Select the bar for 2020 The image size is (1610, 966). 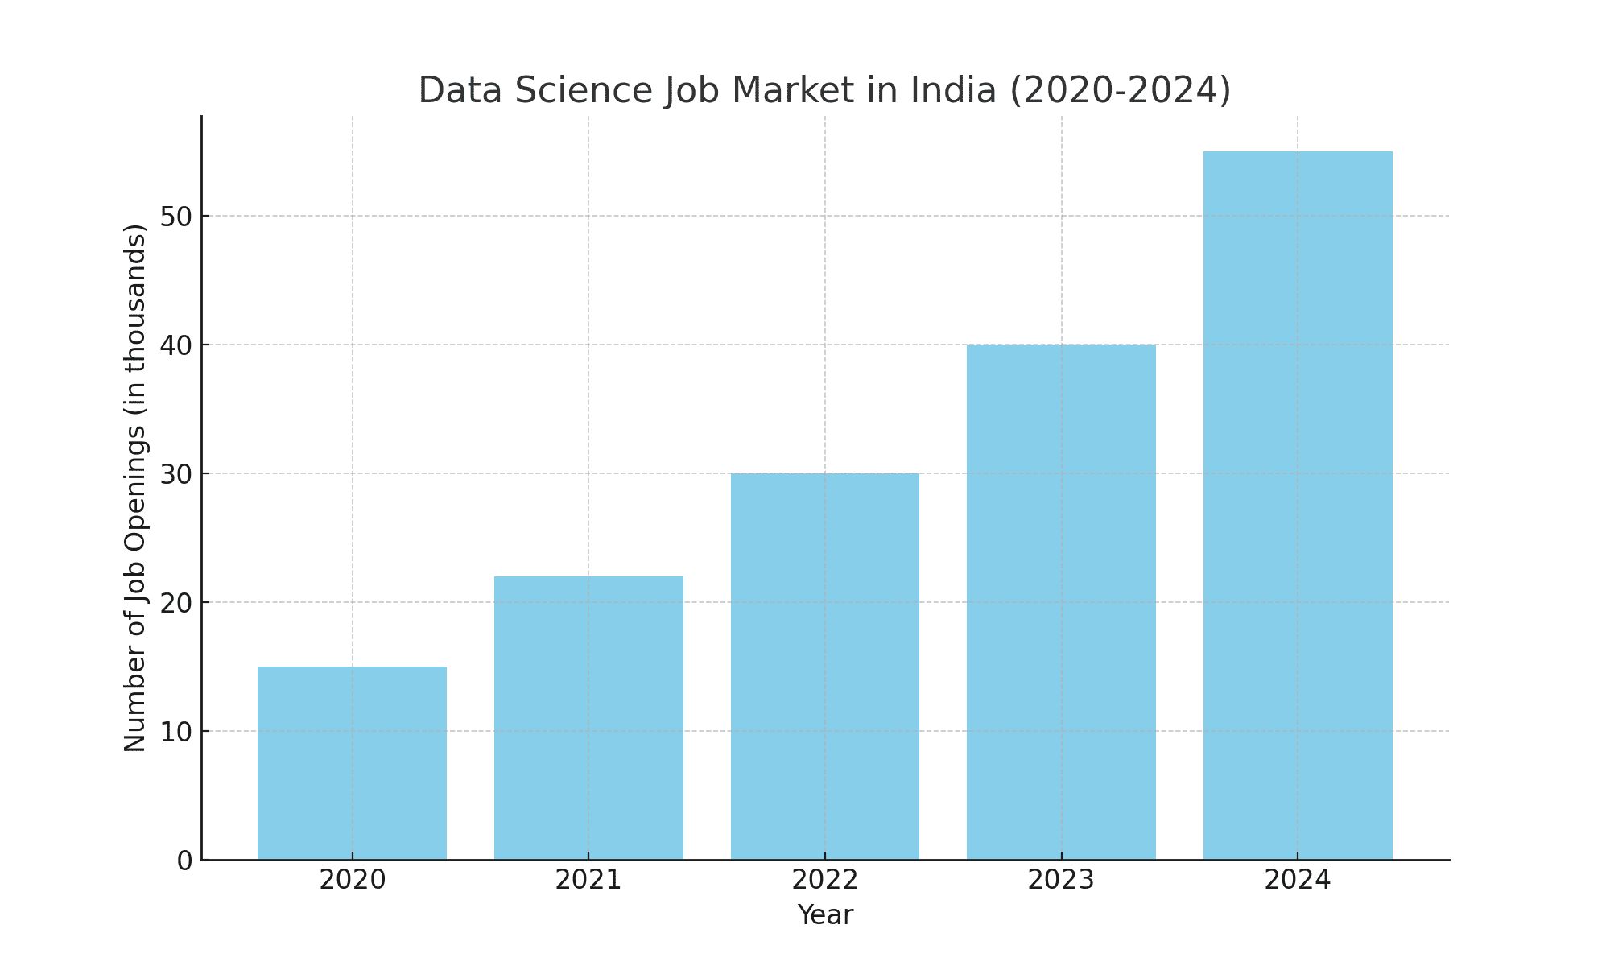tap(352, 763)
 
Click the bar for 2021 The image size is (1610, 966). tap(588, 718)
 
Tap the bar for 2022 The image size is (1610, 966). tap(825, 667)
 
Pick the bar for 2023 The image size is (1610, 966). tap(1061, 602)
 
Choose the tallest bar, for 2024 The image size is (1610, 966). tap(1298, 506)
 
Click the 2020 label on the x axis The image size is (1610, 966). tap(352, 880)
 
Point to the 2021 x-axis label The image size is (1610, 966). tap(588, 880)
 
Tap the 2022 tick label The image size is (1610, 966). tap(825, 880)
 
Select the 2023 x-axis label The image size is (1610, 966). tap(1061, 880)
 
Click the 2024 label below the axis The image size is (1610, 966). tap(1298, 880)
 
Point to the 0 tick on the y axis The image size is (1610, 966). tap(185, 861)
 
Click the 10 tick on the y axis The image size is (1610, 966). tap(176, 732)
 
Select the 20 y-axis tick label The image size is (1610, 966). tap(176, 603)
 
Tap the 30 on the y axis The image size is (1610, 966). tap(176, 474)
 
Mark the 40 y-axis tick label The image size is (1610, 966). tap(176, 345)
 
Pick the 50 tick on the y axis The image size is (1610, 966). tap(176, 217)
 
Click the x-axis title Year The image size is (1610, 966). tap(825, 915)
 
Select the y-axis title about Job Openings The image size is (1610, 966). tap(135, 488)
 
